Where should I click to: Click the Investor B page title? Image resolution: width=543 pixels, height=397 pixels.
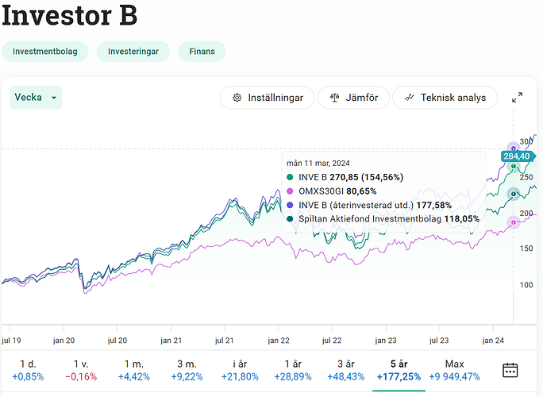pos(70,15)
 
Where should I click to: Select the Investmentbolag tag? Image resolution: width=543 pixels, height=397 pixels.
pos(44,52)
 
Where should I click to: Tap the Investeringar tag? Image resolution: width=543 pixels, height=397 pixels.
pos(133,52)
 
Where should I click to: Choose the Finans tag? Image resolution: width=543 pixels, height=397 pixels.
pos(202,52)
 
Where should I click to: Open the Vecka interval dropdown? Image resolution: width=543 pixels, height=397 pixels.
pos(37,98)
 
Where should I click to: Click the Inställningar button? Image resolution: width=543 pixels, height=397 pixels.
pos(267,98)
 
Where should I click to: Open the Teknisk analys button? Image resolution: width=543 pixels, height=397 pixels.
pos(445,98)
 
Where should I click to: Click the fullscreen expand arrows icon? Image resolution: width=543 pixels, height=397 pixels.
pos(518,98)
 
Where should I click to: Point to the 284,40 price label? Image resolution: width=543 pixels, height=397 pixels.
pos(517,156)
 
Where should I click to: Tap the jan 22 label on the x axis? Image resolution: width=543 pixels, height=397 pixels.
pos(279,339)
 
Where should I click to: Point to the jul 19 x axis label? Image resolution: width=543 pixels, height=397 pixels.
pos(11,339)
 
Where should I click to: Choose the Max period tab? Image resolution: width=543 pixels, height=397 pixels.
pos(455,369)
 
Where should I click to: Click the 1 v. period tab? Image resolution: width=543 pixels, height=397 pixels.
pos(80,369)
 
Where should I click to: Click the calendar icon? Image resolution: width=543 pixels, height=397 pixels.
pos(510,369)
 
